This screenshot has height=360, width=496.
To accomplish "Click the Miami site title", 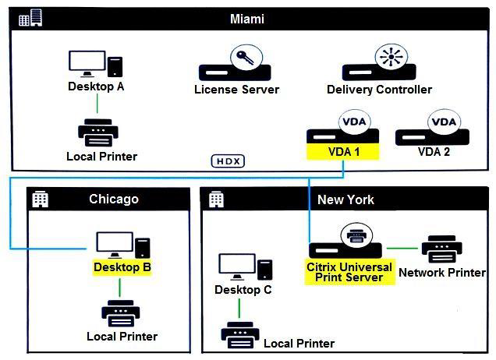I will (247, 19).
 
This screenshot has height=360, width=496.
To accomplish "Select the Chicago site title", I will (113, 199).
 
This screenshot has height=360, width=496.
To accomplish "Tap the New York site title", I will (345, 199).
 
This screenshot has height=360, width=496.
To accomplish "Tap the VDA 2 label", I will (434, 151).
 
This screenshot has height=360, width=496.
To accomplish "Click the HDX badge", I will (228, 161).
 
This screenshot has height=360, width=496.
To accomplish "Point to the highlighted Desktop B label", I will (122, 267).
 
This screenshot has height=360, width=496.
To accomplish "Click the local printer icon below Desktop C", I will (240, 335).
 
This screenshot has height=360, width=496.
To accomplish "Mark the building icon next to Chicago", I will (39, 199).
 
